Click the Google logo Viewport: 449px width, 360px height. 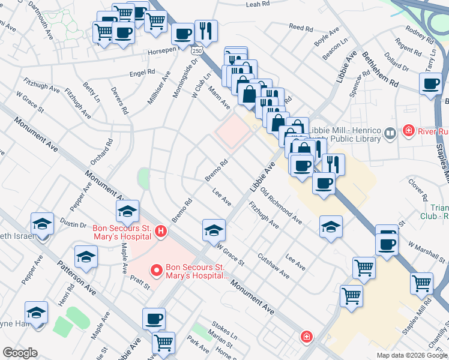pyautogui.click(x=20, y=353)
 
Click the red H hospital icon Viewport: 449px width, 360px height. pyautogui.click(x=160, y=230)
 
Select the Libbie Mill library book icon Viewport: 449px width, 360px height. pyautogui.click(x=390, y=133)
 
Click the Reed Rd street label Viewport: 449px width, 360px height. pyautogui.click(x=301, y=28)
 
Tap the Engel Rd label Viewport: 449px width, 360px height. pyautogui.click(x=142, y=74)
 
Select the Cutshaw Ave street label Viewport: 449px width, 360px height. pyautogui.click(x=274, y=266)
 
